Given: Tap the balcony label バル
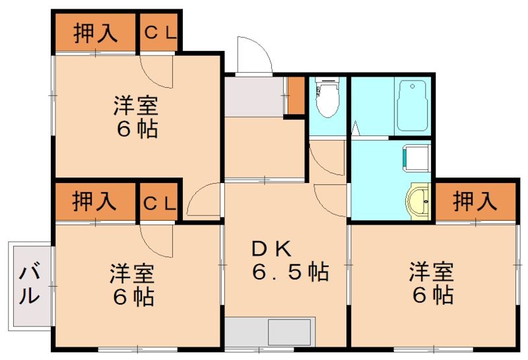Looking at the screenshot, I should [28, 283].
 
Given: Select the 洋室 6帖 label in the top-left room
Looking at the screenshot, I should [137, 116].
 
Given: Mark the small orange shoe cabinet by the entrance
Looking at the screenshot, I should [296, 96].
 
